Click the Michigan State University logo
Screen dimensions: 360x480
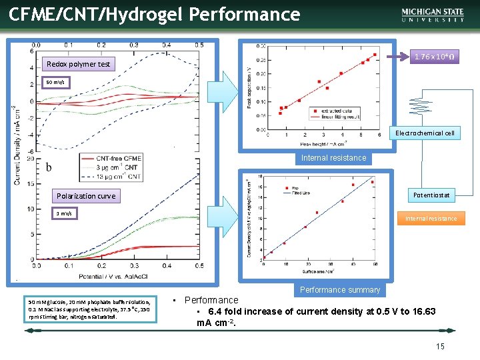point(433,15)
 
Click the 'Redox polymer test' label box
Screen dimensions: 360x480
point(78,64)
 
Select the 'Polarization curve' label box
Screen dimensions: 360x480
point(86,196)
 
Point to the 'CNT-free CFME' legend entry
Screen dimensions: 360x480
point(119,158)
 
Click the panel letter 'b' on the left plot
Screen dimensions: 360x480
point(48,167)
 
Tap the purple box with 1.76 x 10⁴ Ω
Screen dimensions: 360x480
point(434,57)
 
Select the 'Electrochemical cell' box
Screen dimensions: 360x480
point(425,133)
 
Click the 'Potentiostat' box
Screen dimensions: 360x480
point(431,195)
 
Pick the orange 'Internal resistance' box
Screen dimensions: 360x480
point(431,218)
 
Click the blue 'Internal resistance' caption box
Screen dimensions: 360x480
point(333,158)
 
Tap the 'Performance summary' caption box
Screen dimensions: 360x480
point(340,290)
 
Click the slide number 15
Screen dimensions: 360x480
point(440,346)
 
